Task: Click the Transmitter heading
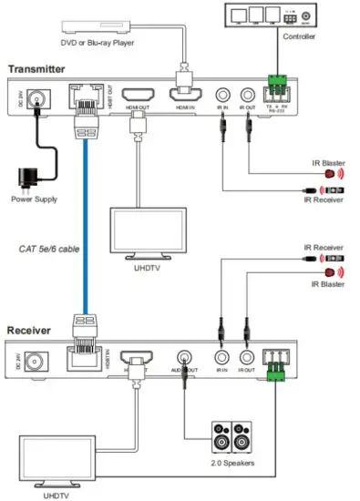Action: [39, 69]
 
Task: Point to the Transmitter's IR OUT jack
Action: [245, 96]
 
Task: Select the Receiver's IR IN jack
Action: [220, 359]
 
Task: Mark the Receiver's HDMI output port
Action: [138, 359]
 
